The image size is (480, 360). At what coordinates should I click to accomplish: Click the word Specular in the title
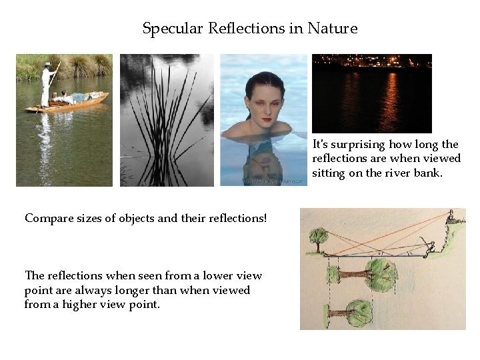point(173,29)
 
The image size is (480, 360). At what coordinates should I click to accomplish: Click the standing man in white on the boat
point(47,83)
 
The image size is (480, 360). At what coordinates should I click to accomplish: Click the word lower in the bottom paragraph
point(213,275)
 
